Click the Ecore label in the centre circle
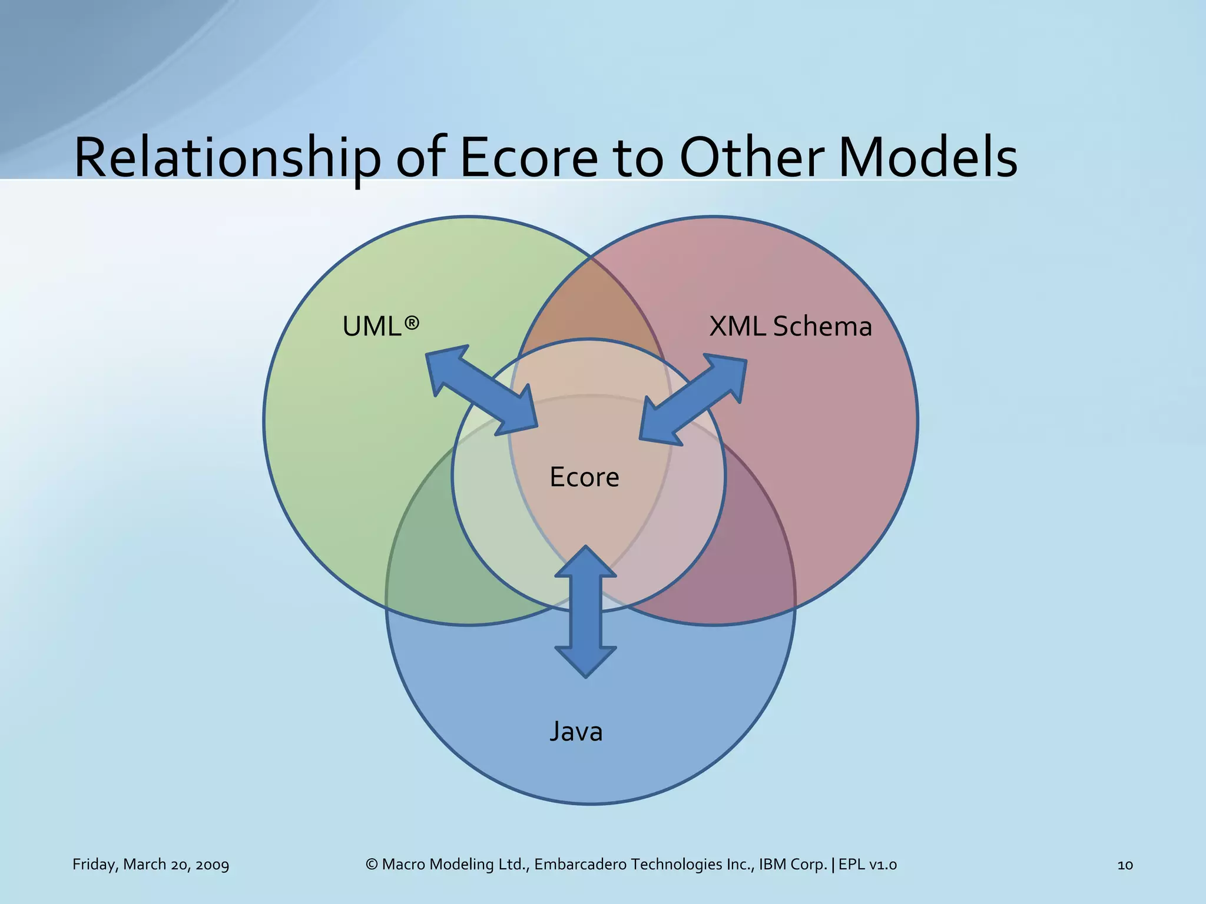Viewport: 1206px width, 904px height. (x=584, y=477)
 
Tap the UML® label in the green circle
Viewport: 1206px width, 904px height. (x=381, y=326)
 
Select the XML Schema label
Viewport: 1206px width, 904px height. (x=790, y=326)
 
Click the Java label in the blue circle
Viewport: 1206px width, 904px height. (x=576, y=732)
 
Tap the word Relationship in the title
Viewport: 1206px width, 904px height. (x=227, y=158)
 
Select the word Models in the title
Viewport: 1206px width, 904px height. (x=928, y=158)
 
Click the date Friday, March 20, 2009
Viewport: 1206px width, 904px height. (x=151, y=865)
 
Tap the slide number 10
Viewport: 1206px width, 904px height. (x=1125, y=865)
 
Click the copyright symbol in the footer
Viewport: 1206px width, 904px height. (x=371, y=865)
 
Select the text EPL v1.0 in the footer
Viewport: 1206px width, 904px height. (x=867, y=865)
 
